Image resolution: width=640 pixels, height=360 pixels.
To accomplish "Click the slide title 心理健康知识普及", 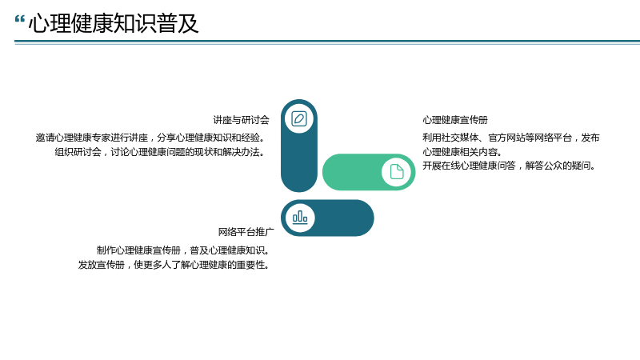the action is pyautogui.click(x=114, y=23).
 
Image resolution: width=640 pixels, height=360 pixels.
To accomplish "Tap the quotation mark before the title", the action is pyautogui.click(x=19, y=19).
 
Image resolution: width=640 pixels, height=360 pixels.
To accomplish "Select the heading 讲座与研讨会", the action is pyautogui.click(x=242, y=120).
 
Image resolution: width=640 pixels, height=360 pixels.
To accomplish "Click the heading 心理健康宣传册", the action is pyautogui.click(x=455, y=120).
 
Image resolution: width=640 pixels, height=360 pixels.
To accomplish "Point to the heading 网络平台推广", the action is pyautogui.click(x=246, y=232).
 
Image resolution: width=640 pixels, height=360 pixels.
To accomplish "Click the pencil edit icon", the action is pyautogui.click(x=299, y=118).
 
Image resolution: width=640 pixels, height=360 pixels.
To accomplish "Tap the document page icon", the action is pyautogui.click(x=397, y=172).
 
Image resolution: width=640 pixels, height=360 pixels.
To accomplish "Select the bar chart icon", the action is pyautogui.click(x=300, y=218).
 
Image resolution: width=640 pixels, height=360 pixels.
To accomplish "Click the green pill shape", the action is pyautogui.click(x=369, y=172).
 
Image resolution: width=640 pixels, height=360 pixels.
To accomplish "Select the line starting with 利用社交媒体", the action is pyautogui.click(x=511, y=138).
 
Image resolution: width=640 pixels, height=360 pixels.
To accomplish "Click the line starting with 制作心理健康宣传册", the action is pyautogui.click(x=183, y=250).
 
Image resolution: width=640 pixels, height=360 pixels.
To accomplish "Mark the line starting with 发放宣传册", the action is pyautogui.click(x=174, y=265).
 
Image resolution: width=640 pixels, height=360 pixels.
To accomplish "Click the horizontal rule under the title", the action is pyautogui.click(x=327, y=42).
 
